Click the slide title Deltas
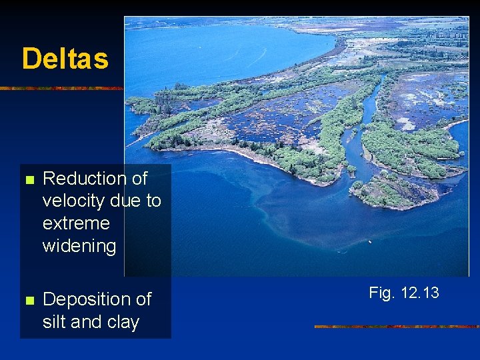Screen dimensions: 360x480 pyautogui.click(x=65, y=59)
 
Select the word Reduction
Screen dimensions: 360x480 pyautogui.click(x=85, y=179)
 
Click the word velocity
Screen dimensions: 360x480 pyautogui.click(x=70, y=201)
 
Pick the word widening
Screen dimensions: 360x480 pyautogui.click(x=79, y=246)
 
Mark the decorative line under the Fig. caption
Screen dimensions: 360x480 pyautogui.click(x=396, y=327)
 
